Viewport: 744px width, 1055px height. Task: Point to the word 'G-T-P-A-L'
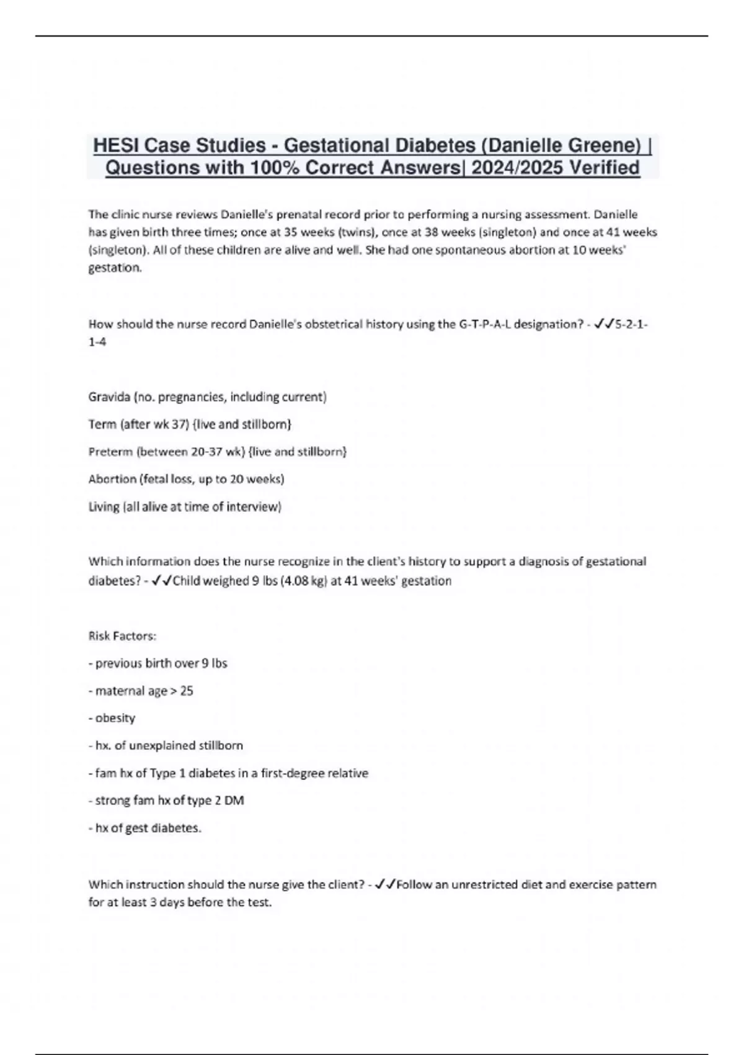click(x=485, y=324)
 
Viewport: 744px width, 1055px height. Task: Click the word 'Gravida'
click(x=109, y=397)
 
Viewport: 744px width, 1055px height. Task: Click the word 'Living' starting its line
click(x=104, y=506)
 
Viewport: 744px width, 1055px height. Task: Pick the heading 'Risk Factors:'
click(x=123, y=636)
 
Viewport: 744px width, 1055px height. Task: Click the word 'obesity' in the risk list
click(x=115, y=718)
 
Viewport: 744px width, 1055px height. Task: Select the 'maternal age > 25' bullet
click(x=141, y=691)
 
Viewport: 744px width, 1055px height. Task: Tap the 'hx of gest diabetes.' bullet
click(x=145, y=828)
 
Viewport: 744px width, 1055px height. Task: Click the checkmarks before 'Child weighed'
click(x=162, y=581)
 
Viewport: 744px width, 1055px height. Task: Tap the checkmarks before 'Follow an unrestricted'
click(x=385, y=884)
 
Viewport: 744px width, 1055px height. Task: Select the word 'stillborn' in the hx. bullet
click(x=221, y=745)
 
